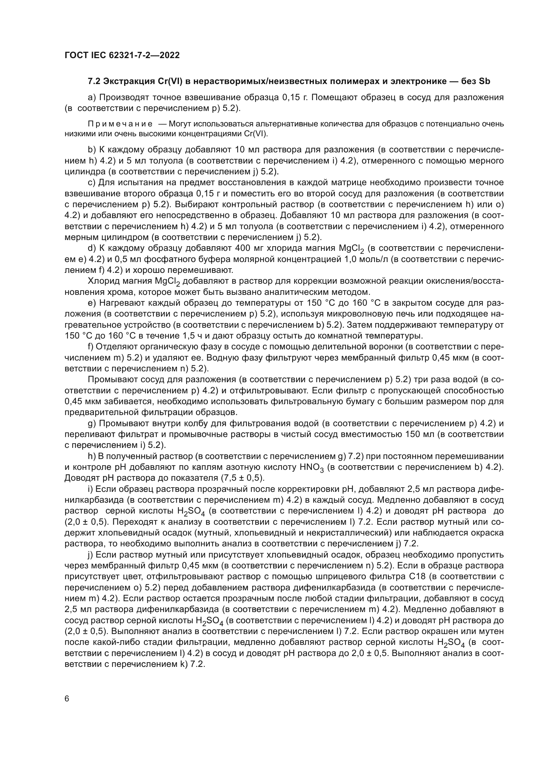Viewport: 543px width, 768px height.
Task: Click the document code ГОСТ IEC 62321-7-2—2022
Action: pos(122,55)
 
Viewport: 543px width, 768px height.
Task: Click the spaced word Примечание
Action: pos(120,124)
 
